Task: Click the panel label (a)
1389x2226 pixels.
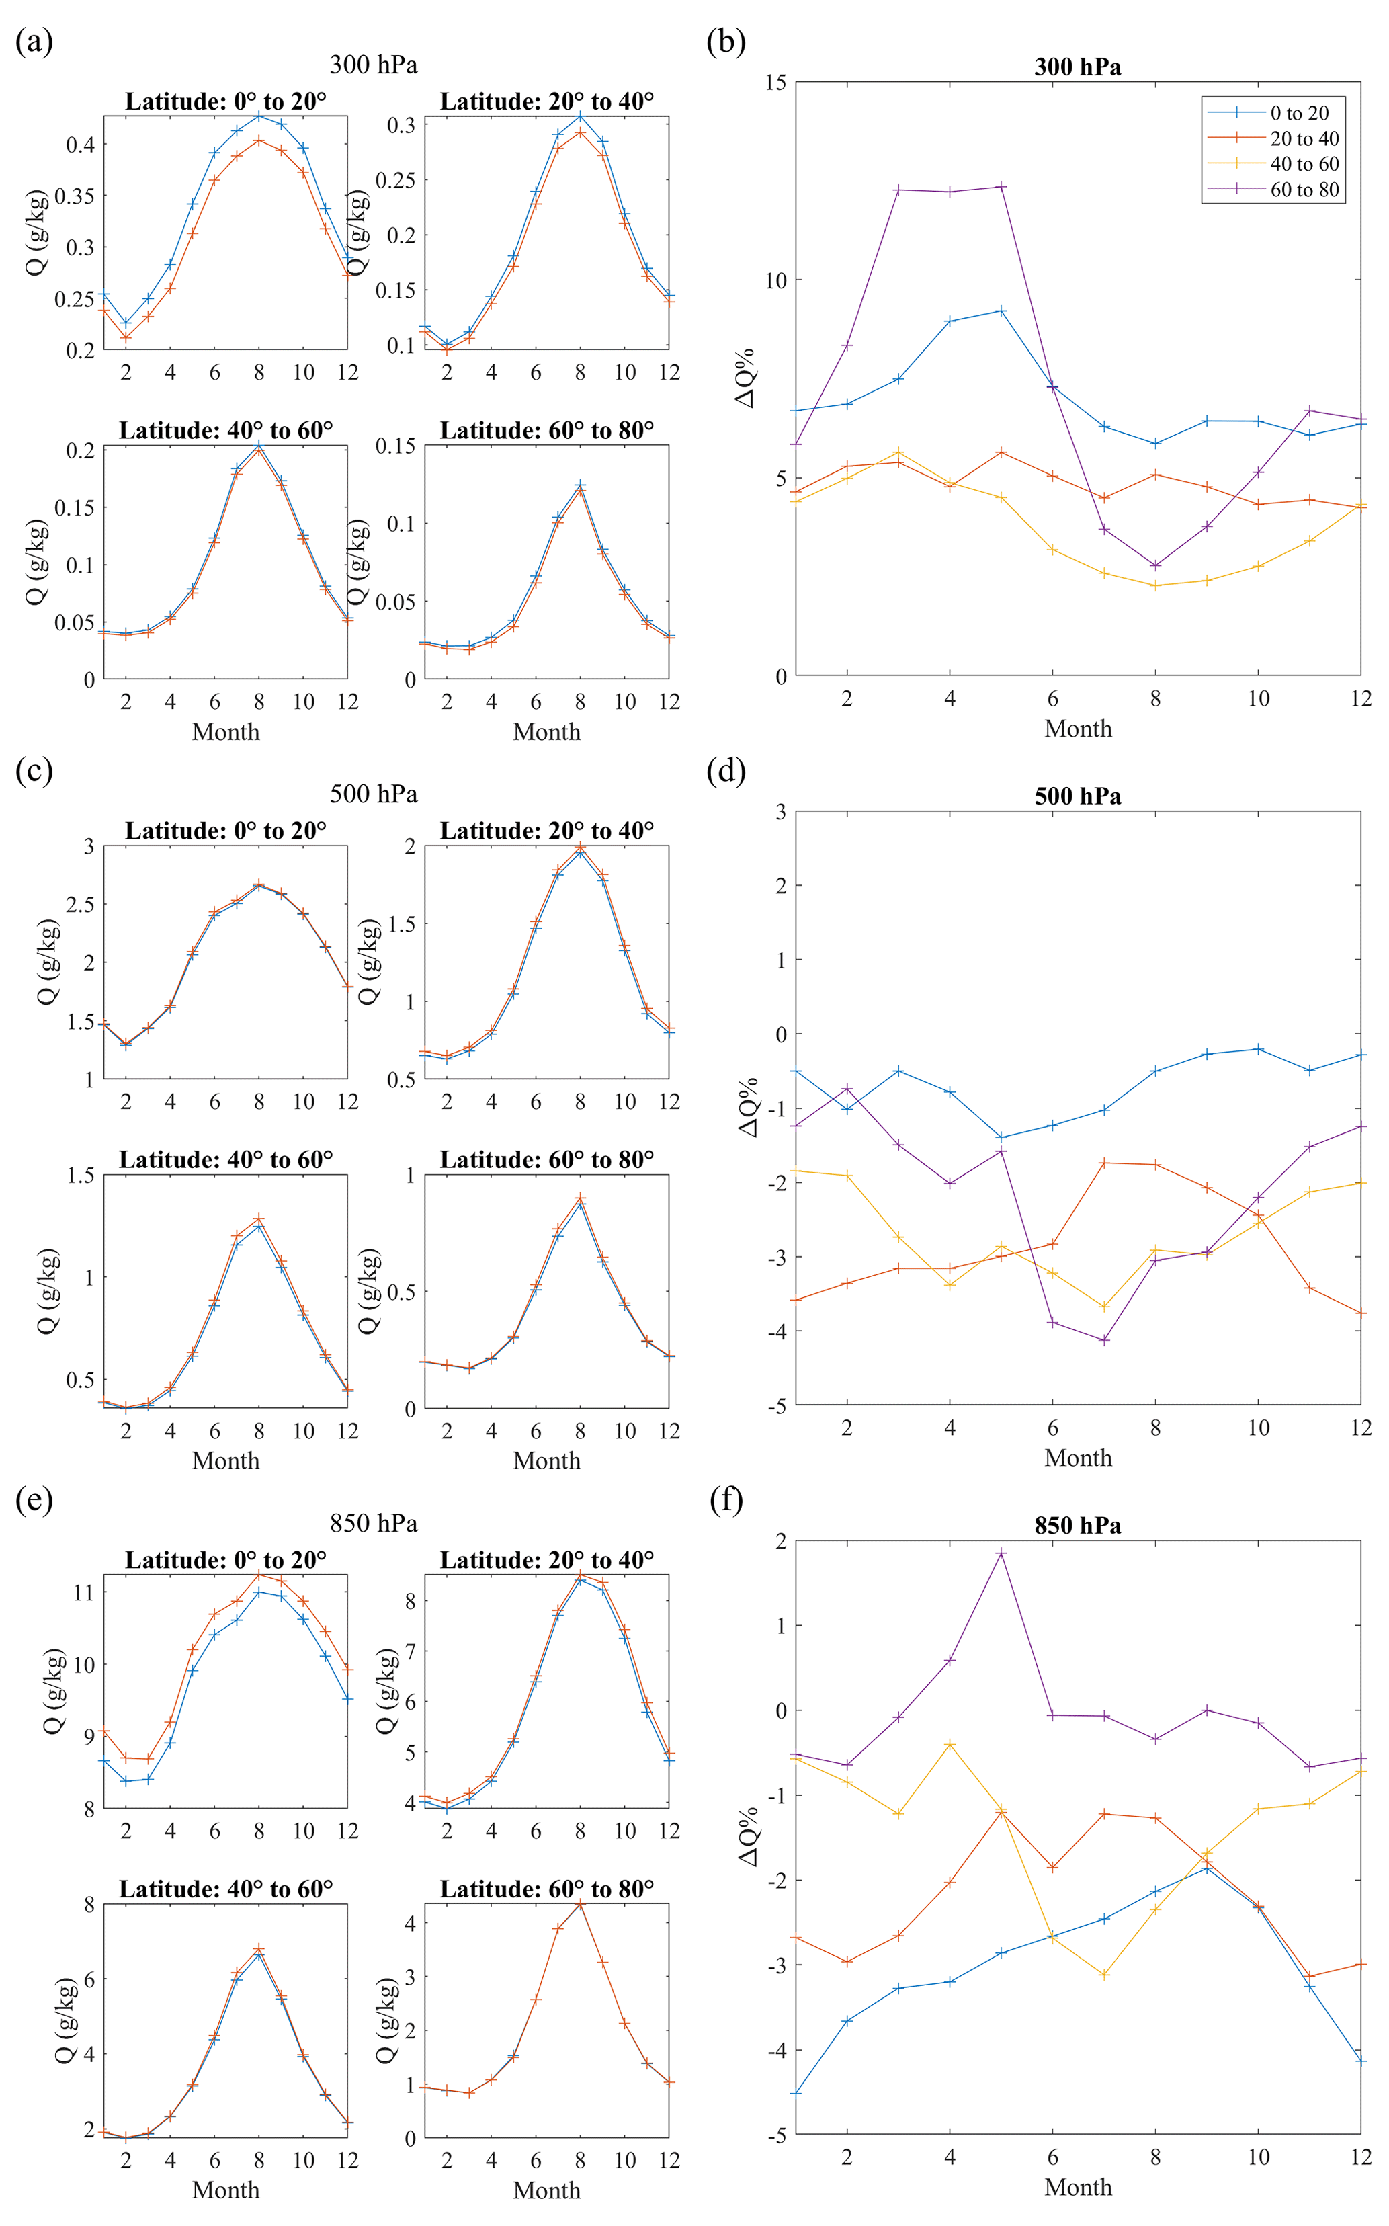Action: coord(34,42)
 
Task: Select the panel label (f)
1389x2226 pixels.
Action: coord(726,1499)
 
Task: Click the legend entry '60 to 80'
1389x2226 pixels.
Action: coord(1304,190)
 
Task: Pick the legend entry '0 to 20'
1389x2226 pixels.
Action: coord(1299,113)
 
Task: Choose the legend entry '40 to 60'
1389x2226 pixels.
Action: coord(1304,165)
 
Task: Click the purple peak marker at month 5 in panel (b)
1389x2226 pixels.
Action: coord(1001,186)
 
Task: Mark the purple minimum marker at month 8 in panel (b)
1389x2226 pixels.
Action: coord(1156,566)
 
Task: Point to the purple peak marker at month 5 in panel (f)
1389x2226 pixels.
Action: coord(1001,1553)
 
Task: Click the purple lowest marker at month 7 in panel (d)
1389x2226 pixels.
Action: coord(1104,1340)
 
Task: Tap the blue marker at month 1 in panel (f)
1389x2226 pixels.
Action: coord(796,2093)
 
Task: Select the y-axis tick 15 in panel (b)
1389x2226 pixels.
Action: coord(775,83)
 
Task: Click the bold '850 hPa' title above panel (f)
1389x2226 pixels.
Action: coord(1078,1526)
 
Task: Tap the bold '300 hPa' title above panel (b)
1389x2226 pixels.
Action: coord(1078,67)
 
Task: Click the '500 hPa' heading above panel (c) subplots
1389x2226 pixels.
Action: coord(373,794)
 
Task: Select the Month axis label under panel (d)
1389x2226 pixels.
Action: coord(1078,1458)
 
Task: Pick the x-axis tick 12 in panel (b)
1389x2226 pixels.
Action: coord(1361,698)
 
